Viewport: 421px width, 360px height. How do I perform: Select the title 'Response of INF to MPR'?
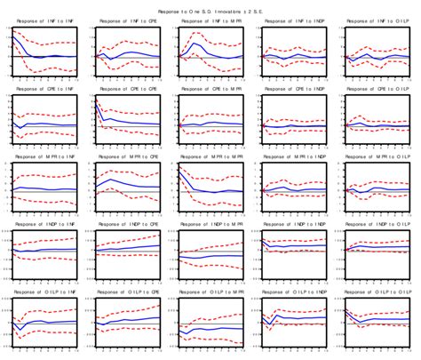pos(210,20)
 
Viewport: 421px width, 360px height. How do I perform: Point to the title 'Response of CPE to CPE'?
pos(126,89)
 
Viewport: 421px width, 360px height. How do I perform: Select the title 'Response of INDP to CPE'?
pos(126,226)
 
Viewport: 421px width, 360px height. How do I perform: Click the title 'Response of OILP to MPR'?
pos(210,292)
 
